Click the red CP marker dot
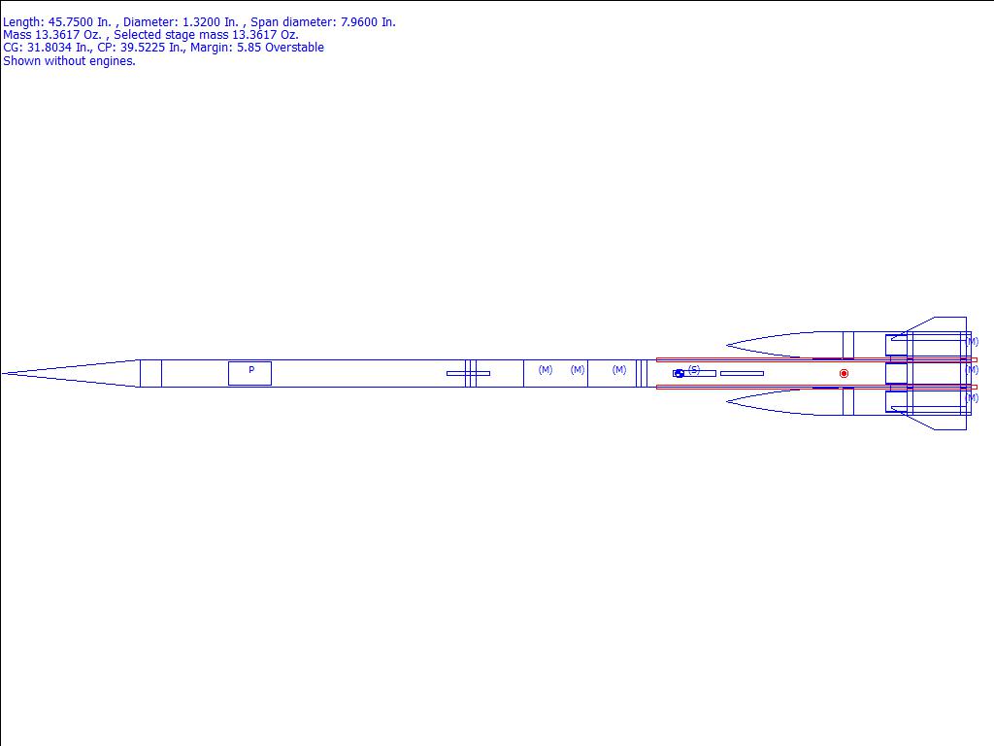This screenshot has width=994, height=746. (x=844, y=374)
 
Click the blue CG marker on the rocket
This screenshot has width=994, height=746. (x=679, y=374)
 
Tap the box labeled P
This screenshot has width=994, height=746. (x=249, y=374)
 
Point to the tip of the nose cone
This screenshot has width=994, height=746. (x=3, y=374)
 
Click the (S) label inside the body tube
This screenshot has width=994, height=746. (x=694, y=370)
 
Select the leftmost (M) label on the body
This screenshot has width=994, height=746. (x=546, y=369)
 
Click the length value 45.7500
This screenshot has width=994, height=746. (x=71, y=22)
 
